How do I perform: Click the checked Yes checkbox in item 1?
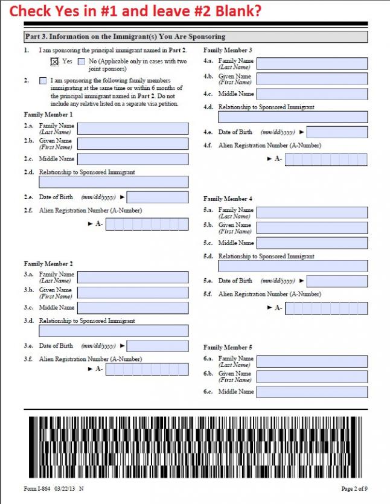[54, 62]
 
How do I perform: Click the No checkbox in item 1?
[82, 62]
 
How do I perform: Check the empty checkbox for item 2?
[43, 81]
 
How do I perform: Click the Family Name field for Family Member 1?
[133, 128]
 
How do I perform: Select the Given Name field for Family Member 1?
[133, 144]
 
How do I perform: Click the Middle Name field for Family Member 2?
[133, 308]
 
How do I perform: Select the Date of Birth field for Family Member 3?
[337, 132]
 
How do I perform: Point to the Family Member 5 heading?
[228, 348]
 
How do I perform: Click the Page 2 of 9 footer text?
[354, 488]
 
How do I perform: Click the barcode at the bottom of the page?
[195, 447]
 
